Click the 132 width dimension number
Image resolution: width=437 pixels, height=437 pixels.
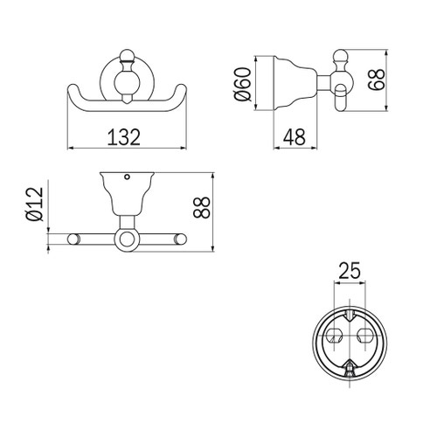coord(124,137)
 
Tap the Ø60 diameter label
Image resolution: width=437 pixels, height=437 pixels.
coord(242,84)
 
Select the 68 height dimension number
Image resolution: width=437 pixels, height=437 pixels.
coord(377,80)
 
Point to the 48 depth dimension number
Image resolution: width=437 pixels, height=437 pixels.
coord(295,137)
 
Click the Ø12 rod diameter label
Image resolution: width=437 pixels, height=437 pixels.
coord(34,204)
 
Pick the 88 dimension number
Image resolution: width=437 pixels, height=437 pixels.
coord(201,207)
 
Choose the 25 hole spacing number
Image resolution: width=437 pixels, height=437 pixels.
coord(350,270)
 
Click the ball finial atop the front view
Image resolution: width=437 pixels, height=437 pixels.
coord(126,55)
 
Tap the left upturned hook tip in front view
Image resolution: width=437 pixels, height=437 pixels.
coord(73,88)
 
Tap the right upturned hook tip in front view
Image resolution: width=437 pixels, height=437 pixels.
coord(181,88)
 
